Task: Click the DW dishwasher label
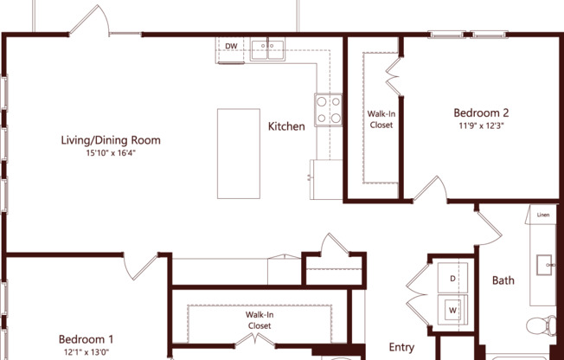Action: point(231,46)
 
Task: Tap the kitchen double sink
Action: point(270,48)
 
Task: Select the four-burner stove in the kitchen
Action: point(328,109)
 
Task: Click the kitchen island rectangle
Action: point(238,154)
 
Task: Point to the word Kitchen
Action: point(286,126)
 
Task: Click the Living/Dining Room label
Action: point(111,140)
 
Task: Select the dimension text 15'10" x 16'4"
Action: point(111,153)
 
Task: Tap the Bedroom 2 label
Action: point(481,112)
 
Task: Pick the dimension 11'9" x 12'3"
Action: point(481,125)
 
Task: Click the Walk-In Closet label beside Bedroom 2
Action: point(381,119)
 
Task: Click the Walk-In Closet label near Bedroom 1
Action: point(260,320)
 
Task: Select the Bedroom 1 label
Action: point(86,339)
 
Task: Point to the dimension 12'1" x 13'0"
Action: point(86,352)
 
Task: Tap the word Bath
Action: point(503,280)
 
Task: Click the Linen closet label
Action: point(542,215)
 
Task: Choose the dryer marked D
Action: point(452,279)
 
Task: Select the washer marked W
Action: point(452,307)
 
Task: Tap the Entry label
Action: point(401,347)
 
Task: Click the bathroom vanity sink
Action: point(545,263)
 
